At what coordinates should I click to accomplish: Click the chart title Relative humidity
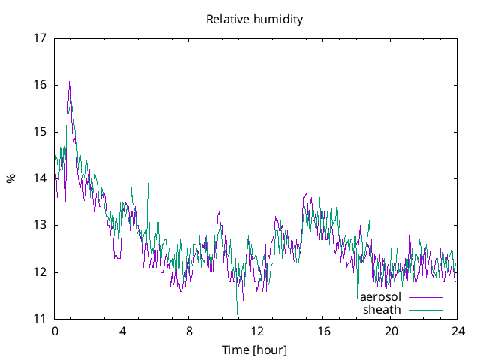click(255, 19)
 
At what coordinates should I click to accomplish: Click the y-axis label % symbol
click(10, 178)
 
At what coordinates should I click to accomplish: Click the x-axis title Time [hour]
click(255, 349)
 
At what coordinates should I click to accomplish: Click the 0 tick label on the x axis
click(55, 331)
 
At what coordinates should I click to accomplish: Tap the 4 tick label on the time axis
click(121, 331)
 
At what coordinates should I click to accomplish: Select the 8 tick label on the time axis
click(189, 331)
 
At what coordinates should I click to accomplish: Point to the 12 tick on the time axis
click(256, 331)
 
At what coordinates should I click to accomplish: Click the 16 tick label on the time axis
click(323, 331)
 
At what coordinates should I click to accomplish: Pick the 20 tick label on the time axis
click(390, 331)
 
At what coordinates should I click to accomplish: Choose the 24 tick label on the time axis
click(457, 331)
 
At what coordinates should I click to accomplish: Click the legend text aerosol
click(380, 296)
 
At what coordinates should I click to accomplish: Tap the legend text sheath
click(382, 309)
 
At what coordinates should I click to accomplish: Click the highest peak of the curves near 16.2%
click(70, 76)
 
